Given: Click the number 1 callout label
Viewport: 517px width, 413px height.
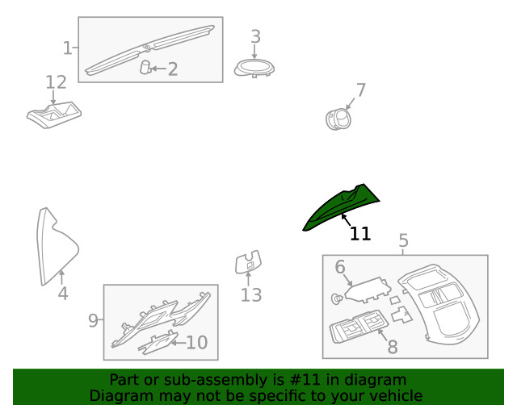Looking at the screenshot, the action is point(68,48).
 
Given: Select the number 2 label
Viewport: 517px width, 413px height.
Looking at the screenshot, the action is point(173,69).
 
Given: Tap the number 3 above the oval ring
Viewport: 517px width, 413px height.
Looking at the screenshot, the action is point(256,36).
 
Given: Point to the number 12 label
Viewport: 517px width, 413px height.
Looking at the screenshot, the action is point(56,82).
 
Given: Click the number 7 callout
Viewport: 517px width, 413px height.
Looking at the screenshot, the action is point(361,90).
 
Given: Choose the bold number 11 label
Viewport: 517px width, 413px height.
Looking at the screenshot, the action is point(360,233).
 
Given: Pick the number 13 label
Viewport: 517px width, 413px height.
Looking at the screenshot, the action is point(251,294).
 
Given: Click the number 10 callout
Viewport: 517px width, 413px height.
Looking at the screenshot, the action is point(197,343).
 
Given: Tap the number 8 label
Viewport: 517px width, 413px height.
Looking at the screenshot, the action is point(393,347).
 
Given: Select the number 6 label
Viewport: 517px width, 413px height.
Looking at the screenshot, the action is point(340,267).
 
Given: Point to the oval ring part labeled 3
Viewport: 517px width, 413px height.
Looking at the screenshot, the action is point(254,69).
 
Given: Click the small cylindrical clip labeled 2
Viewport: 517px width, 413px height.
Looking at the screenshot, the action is point(145,67).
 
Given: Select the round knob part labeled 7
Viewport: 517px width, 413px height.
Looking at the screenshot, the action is point(338,119).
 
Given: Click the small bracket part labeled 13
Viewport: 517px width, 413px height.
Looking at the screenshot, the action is point(248,262).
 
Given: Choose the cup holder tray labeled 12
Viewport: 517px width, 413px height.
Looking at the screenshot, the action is point(54,115).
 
